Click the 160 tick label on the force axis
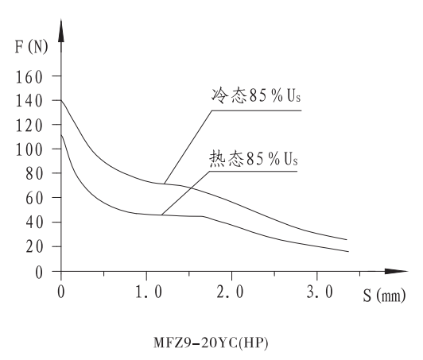coord(29,76)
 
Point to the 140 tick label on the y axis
coord(29,101)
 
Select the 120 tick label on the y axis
coord(29,126)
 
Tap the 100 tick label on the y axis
coord(29,150)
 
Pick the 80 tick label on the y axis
coord(33,174)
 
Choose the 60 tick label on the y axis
coord(33,199)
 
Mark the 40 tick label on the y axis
coord(33,223)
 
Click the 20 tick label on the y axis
coord(33,247)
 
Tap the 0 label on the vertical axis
coord(37,272)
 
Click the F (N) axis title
coord(31,46)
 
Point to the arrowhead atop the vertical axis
coord(60,33)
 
